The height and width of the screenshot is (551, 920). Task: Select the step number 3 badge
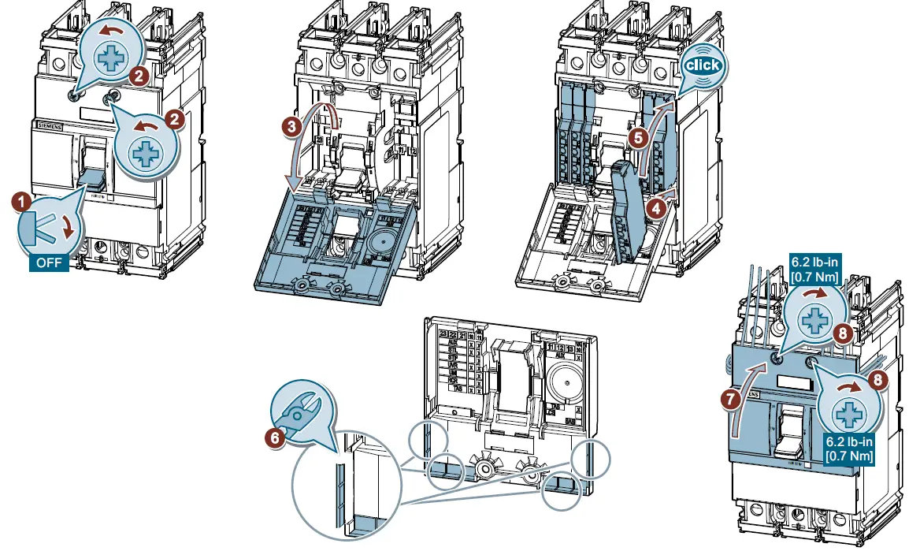tap(291, 125)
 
